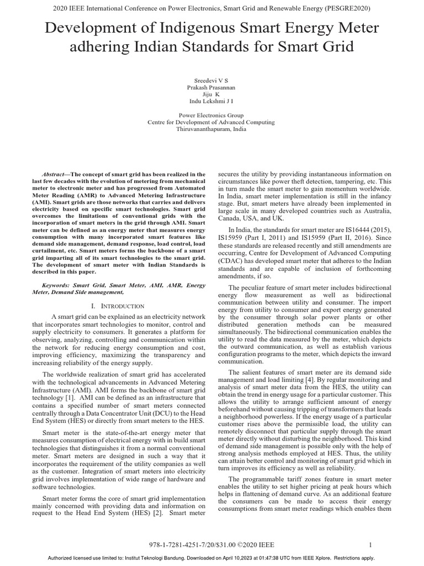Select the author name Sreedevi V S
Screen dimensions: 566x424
[212, 80]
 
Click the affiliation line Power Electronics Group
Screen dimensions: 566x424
[212, 116]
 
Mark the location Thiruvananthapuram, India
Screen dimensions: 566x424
[212, 129]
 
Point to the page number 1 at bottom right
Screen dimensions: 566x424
[370, 545]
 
